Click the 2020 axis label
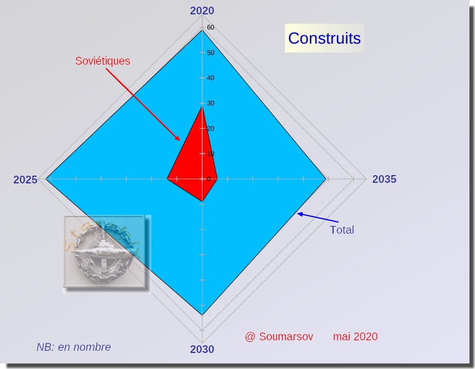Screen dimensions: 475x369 point(202,10)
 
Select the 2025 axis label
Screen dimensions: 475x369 point(25,180)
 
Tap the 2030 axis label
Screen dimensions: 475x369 point(202,349)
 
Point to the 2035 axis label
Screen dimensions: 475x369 point(384,179)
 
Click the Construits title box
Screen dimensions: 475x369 point(324,38)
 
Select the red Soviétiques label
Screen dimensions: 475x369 point(103,61)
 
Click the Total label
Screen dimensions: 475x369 point(342,230)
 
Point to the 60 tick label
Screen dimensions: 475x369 point(210,27)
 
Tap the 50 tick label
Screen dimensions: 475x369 point(210,52)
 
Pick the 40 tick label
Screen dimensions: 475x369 point(210,78)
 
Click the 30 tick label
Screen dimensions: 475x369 point(210,103)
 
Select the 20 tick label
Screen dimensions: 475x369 point(210,129)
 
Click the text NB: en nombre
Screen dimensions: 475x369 point(73,347)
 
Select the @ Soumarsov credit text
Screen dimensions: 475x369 point(279,336)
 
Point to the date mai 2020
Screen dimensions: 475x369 point(355,336)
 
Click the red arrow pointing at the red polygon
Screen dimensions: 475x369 point(143,104)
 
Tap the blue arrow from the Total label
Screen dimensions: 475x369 point(318,218)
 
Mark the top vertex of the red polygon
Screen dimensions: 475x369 point(202,106)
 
